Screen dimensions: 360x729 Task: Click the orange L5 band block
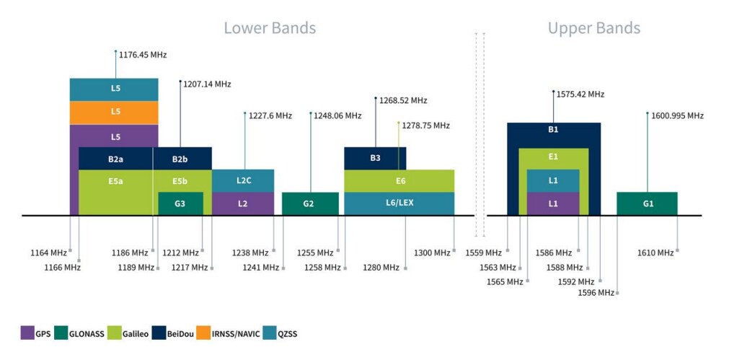114,112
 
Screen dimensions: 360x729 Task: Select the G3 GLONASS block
180,203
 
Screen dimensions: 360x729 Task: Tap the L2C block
243,180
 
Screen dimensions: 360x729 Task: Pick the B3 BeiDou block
375,157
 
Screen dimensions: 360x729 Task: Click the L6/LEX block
399,203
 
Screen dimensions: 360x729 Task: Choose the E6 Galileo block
399,180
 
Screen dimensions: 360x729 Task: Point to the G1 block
647,203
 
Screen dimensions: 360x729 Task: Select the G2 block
309,203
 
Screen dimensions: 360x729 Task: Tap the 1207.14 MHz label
207,84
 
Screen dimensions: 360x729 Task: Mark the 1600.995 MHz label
677,115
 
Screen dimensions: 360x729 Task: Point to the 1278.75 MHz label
425,126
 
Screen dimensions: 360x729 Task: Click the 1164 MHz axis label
48,253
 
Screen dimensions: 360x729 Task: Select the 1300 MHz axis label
432,253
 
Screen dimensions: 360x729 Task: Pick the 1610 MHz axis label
655,253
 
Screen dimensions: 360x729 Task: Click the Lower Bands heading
270,28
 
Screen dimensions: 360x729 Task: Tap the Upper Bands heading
593,28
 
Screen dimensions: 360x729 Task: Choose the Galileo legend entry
128,333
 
